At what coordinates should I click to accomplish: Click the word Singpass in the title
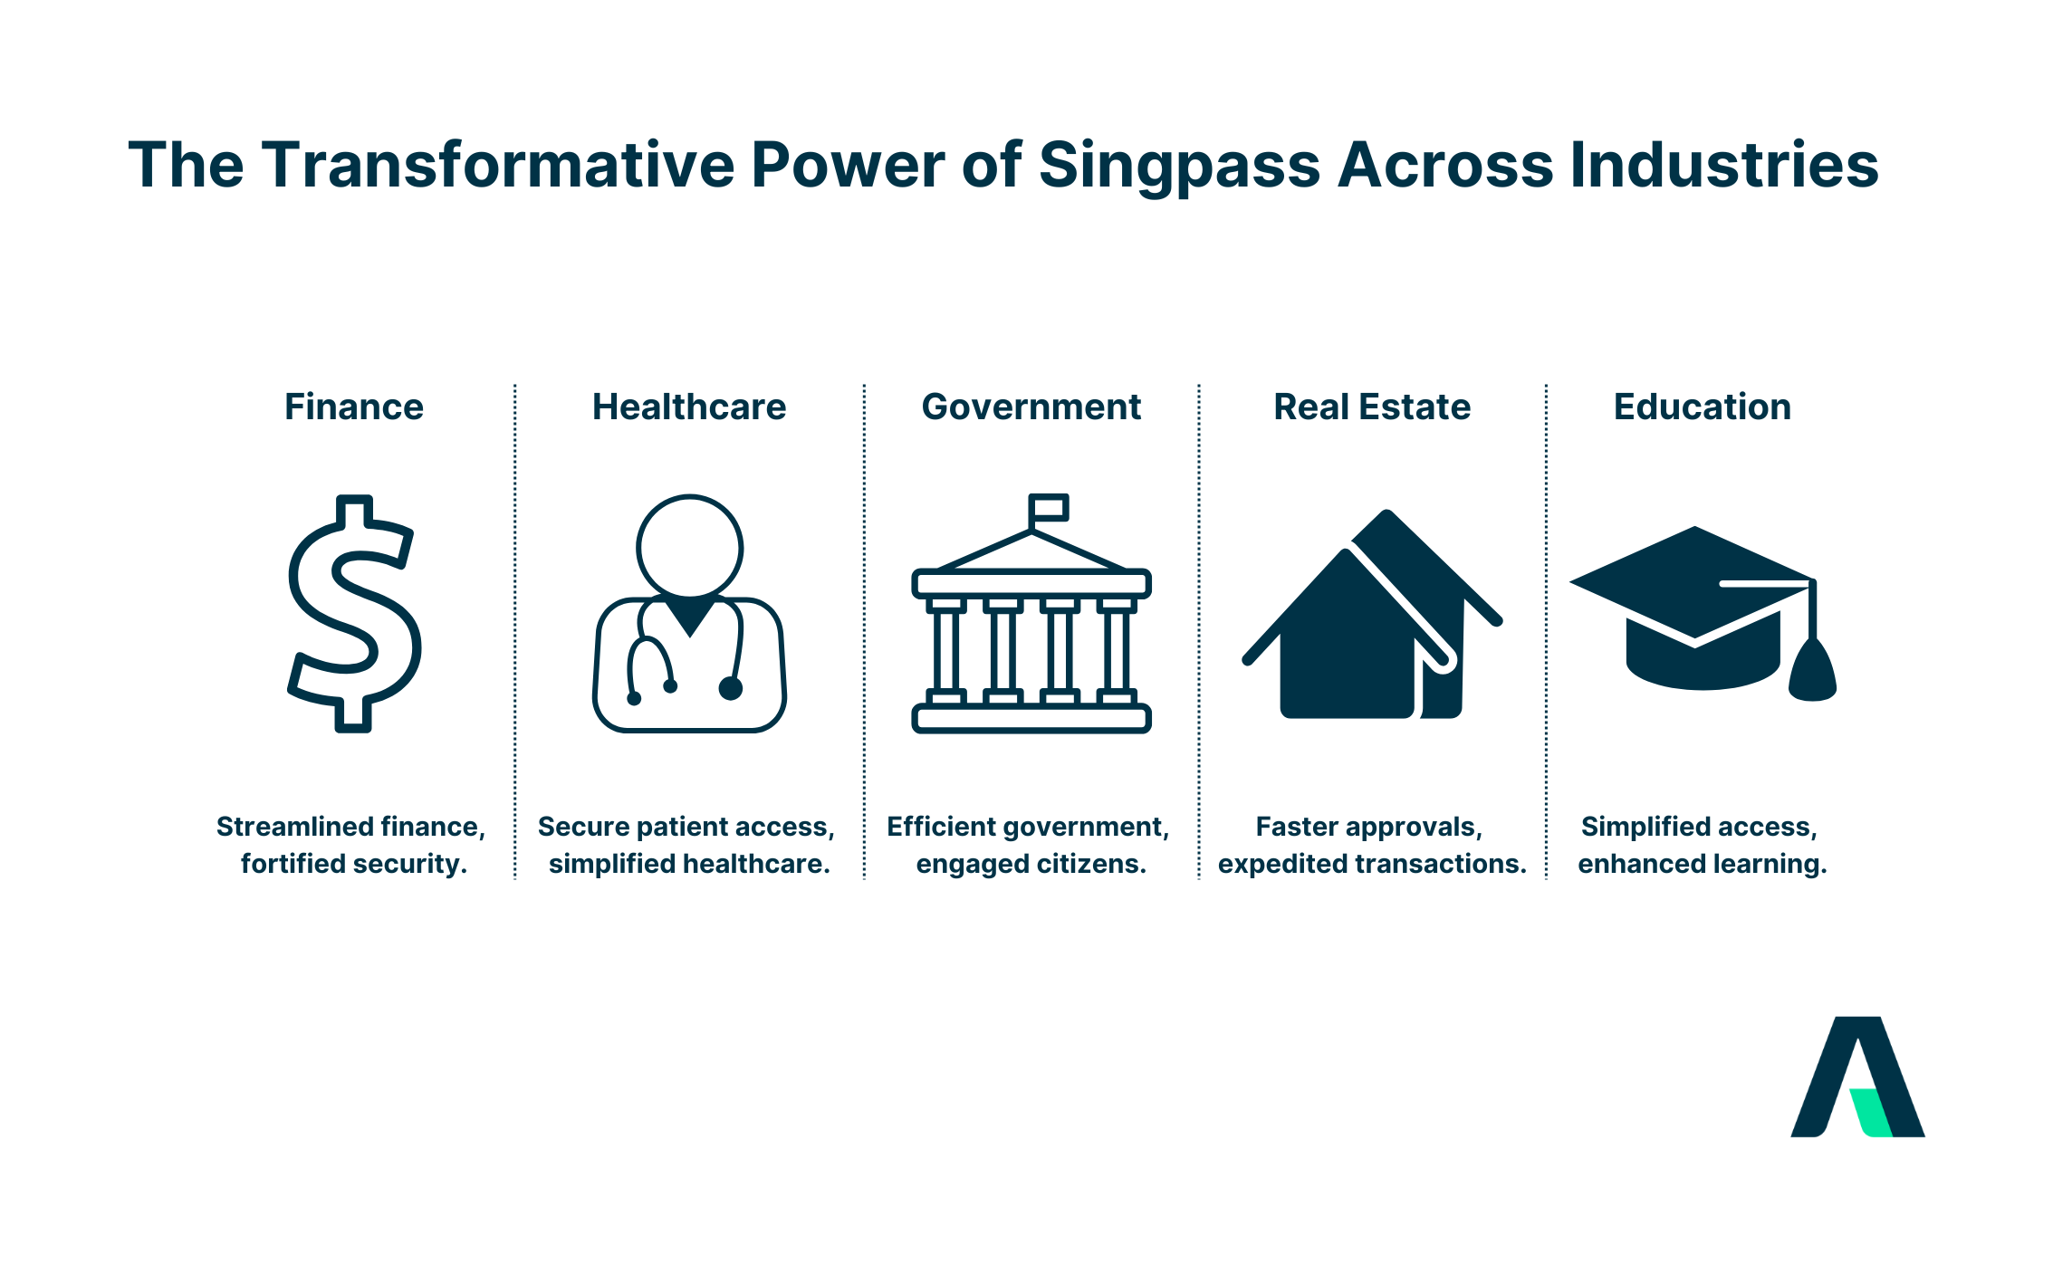[1179, 167]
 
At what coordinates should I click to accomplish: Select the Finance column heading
[353, 407]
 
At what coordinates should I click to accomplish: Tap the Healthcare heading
[689, 407]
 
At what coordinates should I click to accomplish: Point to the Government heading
[1031, 407]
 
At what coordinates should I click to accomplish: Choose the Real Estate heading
[1372, 407]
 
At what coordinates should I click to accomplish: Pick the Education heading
[1703, 407]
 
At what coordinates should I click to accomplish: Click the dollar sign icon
[353, 613]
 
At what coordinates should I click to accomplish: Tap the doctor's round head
[690, 547]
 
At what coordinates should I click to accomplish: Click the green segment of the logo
[1869, 1112]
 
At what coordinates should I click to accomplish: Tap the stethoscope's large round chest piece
[731, 689]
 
